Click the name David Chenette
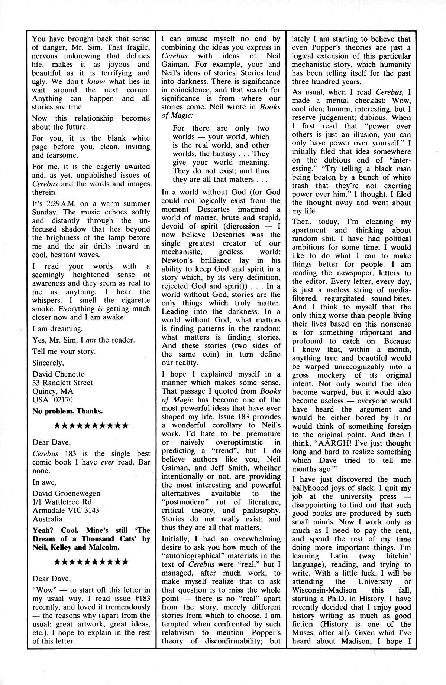click(x=58, y=374)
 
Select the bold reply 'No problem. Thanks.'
click(x=68, y=411)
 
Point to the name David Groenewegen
click(x=66, y=494)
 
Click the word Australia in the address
click(x=47, y=519)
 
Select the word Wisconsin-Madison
click(x=324, y=590)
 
